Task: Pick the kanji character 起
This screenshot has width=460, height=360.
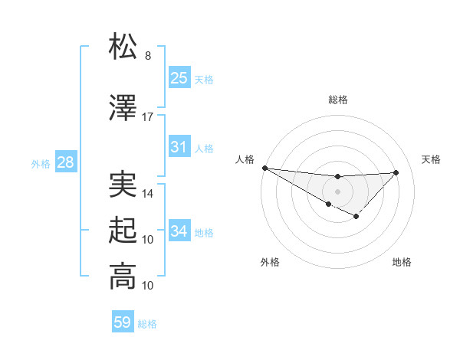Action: [x=123, y=230]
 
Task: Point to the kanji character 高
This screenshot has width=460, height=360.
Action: [x=123, y=276]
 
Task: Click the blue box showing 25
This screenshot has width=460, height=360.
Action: [x=179, y=78]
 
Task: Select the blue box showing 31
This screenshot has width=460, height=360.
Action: [x=179, y=147]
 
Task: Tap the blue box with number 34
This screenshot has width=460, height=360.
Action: [x=179, y=231]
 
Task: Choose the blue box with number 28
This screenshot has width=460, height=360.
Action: [x=64, y=162]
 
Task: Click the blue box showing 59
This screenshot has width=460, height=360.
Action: [x=123, y=322]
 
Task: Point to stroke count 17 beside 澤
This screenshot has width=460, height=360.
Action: [x=148, y=117]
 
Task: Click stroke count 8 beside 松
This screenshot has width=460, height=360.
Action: [x=148, y=56]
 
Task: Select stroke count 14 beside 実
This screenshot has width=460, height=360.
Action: [x=148, y=194]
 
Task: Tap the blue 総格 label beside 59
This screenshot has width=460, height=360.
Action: [x=147, y=324]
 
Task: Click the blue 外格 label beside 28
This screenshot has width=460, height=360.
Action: [x=41, y=163]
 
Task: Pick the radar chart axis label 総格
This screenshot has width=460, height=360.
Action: [x=337, y=100]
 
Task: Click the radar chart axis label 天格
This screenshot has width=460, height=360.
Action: [x=431, y=159]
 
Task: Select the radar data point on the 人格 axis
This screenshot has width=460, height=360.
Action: [x=264, y=168]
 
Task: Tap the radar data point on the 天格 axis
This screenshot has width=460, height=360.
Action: [x=396, y=172]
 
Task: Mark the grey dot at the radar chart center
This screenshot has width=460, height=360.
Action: [x=337, y=191]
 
